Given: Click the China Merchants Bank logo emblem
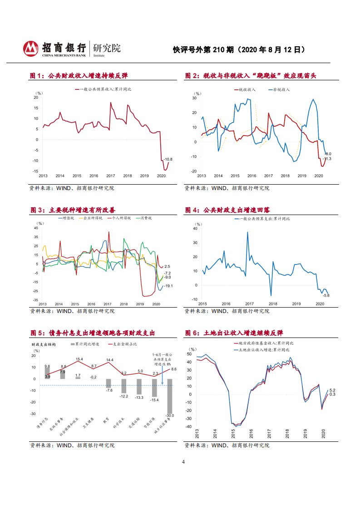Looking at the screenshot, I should click(30, 48).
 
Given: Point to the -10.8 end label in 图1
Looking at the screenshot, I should click(168, 159).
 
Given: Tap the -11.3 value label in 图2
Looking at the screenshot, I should click(326, 159).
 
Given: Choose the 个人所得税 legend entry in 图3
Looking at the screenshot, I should click(119, 218).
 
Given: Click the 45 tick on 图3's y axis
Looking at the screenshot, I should click(36, 228).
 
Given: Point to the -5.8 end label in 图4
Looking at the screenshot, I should click(325, 295).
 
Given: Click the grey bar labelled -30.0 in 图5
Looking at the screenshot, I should click(170, 396).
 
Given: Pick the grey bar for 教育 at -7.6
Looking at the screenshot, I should click(108, 383).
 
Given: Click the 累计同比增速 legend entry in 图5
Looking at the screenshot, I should click(86, 344).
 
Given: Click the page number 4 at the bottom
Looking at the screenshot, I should click(183, 462).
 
